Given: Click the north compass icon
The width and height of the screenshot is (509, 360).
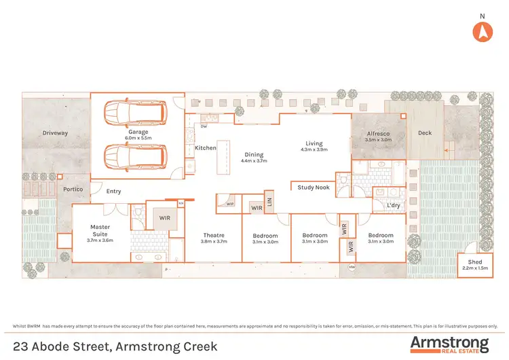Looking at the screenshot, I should coord(483,31).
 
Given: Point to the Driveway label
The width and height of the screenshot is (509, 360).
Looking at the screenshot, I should coord(55,133).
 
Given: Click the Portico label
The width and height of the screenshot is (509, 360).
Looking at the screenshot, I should coord(73,189).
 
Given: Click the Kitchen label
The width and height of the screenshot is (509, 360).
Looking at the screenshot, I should coord(206,147).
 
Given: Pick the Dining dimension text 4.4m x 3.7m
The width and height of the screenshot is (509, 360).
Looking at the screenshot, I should coord(254,161).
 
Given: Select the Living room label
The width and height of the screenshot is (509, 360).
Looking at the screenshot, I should coord(314,143).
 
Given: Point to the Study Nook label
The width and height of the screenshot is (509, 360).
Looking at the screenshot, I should coord(314,187).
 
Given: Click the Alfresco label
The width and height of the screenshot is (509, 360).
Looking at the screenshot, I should coord(378,134).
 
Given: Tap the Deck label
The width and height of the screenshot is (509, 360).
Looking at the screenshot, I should coord(424,134).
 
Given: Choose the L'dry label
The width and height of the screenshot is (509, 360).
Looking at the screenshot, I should coord(393,205).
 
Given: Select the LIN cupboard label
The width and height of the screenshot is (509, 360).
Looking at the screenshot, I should coord(269,202).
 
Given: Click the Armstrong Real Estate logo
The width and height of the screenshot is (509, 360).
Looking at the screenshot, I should coord(449,344).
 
